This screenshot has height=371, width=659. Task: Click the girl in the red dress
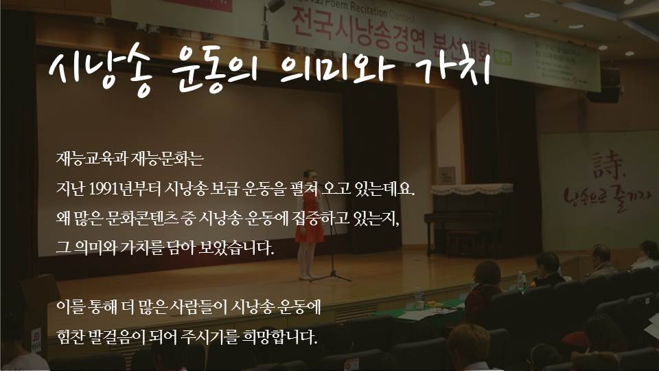(x=309, y=223)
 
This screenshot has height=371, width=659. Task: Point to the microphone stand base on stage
(x=332, y=276)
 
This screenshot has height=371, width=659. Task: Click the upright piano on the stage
(x=470, y=221)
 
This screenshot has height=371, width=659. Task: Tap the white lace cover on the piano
(x=472, y=190)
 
